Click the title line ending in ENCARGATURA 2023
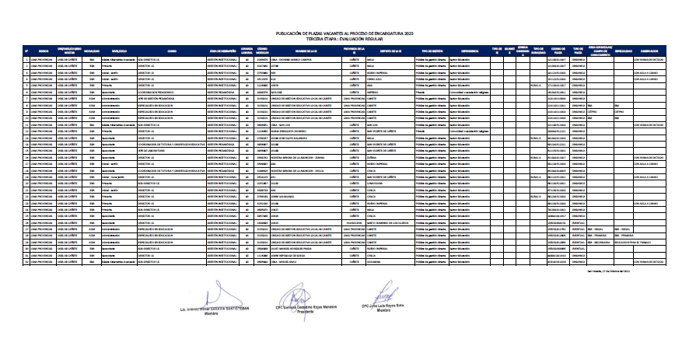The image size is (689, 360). tap(344, 35)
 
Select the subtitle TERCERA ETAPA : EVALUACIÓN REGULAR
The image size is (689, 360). tap(344, 40)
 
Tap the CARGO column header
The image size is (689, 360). tap(171, 51)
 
